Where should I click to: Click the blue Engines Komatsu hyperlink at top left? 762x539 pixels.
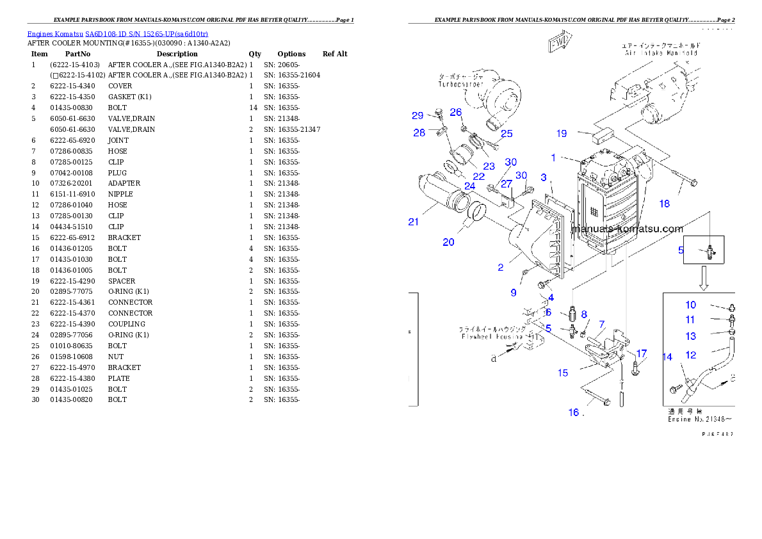(x=117, y=33)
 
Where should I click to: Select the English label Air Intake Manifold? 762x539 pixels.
(x=661, y=54)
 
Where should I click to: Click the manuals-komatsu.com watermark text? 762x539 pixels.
(x=627, y=229)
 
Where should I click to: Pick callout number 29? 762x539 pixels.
(x=417, y=116)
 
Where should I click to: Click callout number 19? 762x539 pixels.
(x=561, y=134)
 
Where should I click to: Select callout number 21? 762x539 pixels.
(x=414, y=222)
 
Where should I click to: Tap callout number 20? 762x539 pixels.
(x=448, y=242)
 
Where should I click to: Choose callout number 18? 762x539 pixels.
(x=664, y=204)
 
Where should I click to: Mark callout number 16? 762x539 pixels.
(x=574, y=412)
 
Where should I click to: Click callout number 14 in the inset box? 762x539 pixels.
(x=668, y=357)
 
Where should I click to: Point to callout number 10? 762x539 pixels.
(x=690, y=305)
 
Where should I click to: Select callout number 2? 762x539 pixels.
(x=501, y=268)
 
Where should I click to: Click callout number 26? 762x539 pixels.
(x=456, y=112)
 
